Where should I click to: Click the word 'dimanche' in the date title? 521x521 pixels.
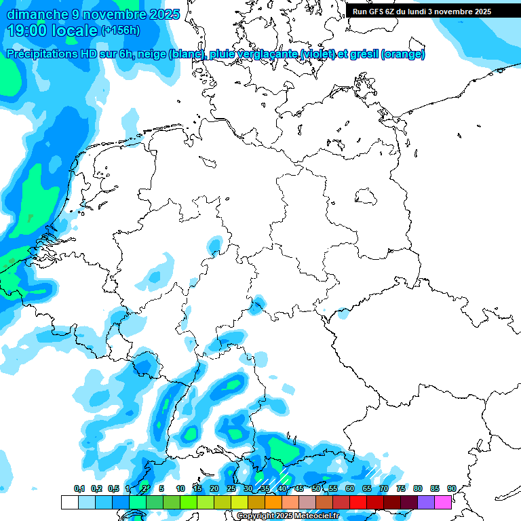tap(35, 14)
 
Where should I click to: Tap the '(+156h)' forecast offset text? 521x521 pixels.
tap(121, 31)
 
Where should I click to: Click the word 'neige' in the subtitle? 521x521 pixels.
tap(153, 54)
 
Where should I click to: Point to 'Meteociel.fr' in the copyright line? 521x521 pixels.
tap(313, 516)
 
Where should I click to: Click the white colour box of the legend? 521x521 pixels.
tap(69, 503)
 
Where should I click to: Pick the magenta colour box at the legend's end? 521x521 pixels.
tap(443, 503)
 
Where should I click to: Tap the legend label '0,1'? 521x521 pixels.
tap(79, 489)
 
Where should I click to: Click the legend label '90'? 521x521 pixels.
tap(451, 489)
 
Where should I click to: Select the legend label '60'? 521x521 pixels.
tap(349, 489)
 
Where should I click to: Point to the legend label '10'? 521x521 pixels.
tap(180, 489)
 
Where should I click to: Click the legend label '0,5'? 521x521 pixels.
tap(113, 489)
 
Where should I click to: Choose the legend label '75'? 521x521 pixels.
tap(400, 489)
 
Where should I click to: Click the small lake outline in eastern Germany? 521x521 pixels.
tap(366, 196)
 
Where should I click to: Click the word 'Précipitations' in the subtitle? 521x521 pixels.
tap(43, 54)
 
